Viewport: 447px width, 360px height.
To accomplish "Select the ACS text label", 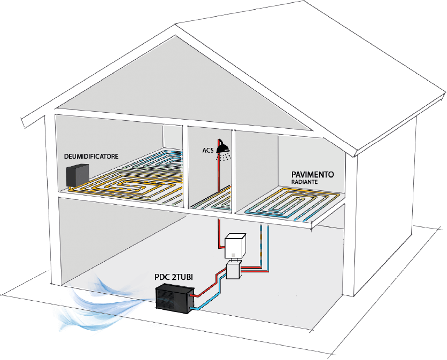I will coord(207,151).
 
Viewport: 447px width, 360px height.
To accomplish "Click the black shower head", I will coord(225,148).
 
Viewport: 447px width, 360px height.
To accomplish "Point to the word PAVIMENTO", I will coord(313,175).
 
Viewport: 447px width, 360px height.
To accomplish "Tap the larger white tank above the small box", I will coord(235,246).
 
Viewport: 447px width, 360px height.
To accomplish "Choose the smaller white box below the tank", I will coord(235,270).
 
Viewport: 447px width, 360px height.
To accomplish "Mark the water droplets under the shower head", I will coord(229,156).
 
